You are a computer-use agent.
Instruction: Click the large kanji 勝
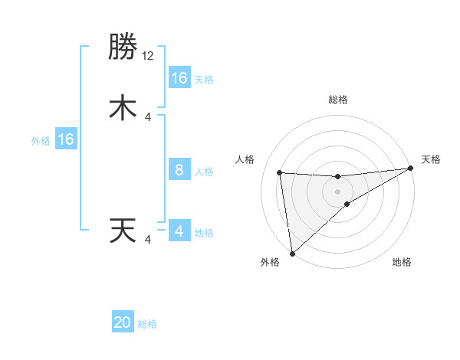(123, 47)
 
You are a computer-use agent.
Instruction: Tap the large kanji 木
(123, 108)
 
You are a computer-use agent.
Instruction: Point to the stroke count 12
(148, 56)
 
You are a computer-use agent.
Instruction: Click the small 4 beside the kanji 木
(148, 116)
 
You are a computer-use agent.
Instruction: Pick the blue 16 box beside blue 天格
(179, 78)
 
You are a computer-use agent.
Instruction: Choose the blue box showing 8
(179, 170)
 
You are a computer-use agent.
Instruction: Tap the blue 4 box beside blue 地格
(179, 231)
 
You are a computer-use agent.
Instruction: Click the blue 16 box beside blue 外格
(66, 139)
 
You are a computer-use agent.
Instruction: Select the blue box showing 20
(123, 323)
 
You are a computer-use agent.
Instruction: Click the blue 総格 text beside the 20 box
(147, 324)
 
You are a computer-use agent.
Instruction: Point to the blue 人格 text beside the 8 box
(204, 171)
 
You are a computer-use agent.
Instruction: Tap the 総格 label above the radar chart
(338, 100)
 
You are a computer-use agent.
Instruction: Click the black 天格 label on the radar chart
(431, 159)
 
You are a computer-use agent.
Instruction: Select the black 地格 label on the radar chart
(402, 262)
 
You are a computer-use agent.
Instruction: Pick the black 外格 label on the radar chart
(270, 262)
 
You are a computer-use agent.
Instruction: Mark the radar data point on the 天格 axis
(410, 169)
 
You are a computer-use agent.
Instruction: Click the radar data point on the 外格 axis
(291, 253)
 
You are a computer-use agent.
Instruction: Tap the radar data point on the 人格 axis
(280, 172)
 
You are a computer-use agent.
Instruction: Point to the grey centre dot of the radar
(338, 191)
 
